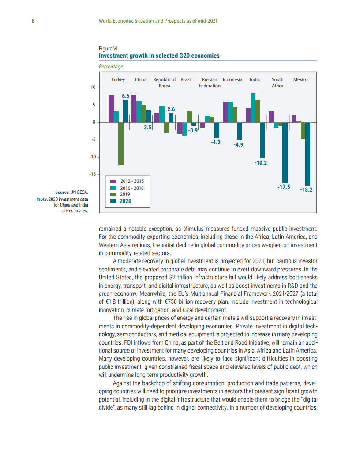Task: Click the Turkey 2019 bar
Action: coord(121,144)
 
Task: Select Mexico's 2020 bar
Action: coord(307,154)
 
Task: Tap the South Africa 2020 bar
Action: coord(285,153)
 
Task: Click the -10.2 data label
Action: coord(261,163)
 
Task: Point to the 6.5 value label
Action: coord(126,96)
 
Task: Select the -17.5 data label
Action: coord(284,187)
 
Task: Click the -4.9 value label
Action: coord(238,145)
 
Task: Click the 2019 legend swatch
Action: coord(113,194)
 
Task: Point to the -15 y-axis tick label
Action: coord(92,174)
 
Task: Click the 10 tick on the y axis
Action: coord(93,87)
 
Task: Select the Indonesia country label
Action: coord(232,79)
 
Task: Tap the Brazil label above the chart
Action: coord(186,79)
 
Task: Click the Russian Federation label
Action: coord(210,83)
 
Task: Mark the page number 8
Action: coord(33,21)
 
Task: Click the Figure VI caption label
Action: coord(108,49)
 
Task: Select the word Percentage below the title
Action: coord(111,67)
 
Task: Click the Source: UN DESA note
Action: coord(71,192)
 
